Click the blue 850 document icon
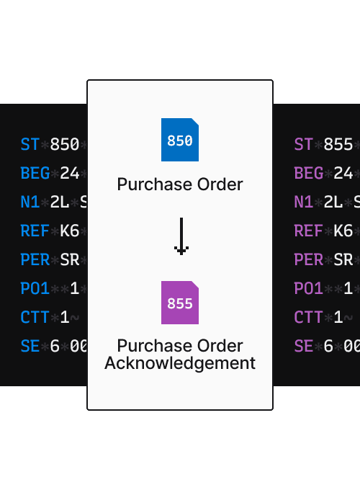pos(180,140)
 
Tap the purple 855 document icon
pos(180,303)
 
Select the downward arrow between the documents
pos(181,236)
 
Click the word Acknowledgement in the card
pos(180,363)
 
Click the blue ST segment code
pos(30,145)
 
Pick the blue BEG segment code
pos(35,174)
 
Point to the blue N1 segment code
pos(30,202)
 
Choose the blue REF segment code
pos(35,231)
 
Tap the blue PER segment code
pos(35,260)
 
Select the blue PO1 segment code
pos(35,289)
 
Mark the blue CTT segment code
pos(35,318)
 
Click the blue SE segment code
pos(30,347)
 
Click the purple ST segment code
pos(304,145)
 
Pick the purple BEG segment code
pos(309,174)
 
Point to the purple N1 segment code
pos(304,202)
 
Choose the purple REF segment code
pos(309,231)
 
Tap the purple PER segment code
pos(309,260)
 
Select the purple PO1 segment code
pos(309,289)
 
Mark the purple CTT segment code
pos(309,318)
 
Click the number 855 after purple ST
pos(338,145)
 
